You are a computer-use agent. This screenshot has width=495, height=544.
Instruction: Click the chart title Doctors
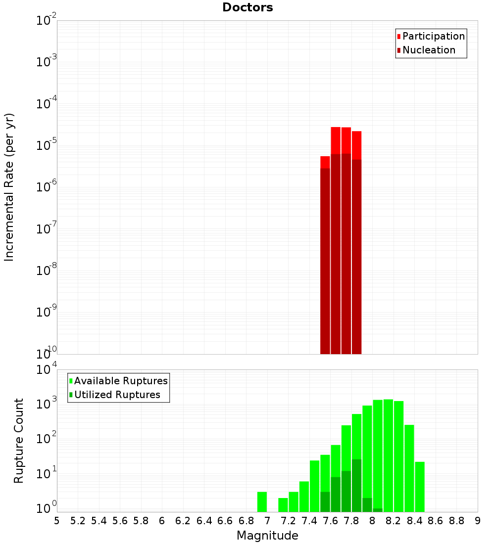(247, 7)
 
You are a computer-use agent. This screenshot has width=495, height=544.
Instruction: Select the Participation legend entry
(434, 36)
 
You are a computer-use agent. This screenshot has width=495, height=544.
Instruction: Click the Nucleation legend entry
(429, 50)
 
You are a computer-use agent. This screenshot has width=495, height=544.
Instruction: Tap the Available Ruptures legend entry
(121, 381)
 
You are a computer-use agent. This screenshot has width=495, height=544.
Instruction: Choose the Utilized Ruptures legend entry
(117, 395)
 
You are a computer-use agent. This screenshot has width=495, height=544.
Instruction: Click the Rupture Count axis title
(19, 441)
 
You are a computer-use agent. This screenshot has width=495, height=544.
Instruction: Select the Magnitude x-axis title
(267, 535)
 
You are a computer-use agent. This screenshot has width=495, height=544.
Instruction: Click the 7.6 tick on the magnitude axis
(330, 520)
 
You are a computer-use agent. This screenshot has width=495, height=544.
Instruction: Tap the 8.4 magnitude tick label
(414, 520)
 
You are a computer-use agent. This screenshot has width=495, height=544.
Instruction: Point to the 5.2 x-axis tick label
(78, 520)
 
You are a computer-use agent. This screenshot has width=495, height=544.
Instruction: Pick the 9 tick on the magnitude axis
(478, 520)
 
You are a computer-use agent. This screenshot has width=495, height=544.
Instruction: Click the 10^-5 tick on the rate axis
(46, 145)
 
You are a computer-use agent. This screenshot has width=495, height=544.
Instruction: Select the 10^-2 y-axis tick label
(46, 21)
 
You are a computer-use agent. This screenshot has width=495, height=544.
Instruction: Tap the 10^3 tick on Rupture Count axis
(46, 404)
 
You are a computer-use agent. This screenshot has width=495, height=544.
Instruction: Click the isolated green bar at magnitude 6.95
(262, 501)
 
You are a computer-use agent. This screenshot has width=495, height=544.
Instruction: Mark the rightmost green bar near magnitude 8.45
(420, 487)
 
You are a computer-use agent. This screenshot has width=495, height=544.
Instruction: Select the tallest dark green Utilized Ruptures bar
(356, 485)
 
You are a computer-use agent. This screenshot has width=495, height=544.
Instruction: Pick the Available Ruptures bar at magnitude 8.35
(409, 468)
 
